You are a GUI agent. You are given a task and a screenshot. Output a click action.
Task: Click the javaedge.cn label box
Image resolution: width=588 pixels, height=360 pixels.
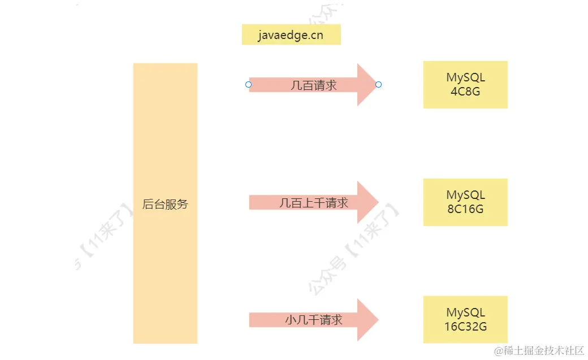[x=291, y=34]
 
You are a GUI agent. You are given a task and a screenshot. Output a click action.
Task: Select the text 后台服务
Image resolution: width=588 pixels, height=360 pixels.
[x=165, y=205]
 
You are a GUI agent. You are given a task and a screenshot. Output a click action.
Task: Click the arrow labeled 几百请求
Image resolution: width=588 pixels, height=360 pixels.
[x=313, y=85]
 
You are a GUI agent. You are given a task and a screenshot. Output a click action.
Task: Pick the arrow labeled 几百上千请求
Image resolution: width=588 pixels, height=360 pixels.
[x=313, y=202]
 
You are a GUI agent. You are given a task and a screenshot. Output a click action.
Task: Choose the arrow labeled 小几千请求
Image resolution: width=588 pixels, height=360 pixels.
[x=313, y=320]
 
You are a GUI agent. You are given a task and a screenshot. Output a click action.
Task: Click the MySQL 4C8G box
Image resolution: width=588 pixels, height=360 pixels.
[x=465, y=85]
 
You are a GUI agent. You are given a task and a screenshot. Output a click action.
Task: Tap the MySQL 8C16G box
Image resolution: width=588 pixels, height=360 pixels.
[x=465, y=202]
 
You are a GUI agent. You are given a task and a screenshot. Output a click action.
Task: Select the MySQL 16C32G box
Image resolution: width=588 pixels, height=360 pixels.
[x=465, y=319]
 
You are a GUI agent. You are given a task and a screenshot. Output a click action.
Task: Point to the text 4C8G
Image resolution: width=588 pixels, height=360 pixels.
[x=465, y=91]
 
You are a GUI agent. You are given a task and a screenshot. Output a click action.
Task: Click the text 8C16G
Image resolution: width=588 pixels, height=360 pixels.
[x=465, y=209]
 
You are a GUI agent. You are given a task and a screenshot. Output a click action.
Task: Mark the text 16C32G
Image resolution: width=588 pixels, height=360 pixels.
[x=465, y=327]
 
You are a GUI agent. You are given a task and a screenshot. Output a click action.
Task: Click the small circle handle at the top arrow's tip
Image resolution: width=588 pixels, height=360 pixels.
[x=379, y=85]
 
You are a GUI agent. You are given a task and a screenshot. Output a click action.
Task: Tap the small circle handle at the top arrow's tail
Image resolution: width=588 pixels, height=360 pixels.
[x=248, y=85]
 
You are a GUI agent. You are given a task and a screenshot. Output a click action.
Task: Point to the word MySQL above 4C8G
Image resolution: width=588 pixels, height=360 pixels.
[x=465, y=78]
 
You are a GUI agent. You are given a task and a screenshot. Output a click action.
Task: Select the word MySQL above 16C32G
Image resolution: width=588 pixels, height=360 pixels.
[x=465, y=313]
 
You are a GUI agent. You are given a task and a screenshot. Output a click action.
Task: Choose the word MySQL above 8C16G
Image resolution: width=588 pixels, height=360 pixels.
[x=465, y=195]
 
